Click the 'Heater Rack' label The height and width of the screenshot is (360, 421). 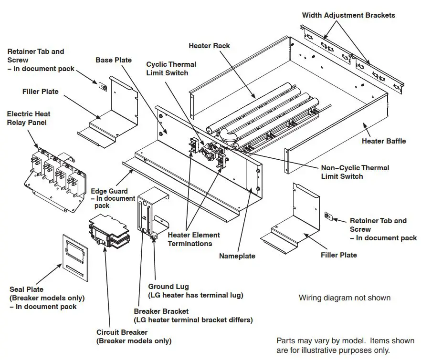point(209,46)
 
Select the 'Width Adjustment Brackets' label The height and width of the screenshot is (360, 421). point(348,15)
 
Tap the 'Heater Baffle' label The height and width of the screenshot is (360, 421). point(384,141)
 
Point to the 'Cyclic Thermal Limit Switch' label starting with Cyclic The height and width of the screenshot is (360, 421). point(171,69)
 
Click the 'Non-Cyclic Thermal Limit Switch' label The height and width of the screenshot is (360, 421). point(355,172)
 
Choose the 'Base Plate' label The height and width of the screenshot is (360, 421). point(114,60)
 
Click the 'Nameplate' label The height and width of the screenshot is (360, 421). point(237,256)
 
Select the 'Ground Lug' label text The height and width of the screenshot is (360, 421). point(168,287)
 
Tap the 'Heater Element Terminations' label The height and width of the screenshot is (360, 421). point(193,239)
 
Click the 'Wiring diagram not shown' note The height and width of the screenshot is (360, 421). point(344,298)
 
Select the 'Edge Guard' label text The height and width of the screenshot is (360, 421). point(109,191)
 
